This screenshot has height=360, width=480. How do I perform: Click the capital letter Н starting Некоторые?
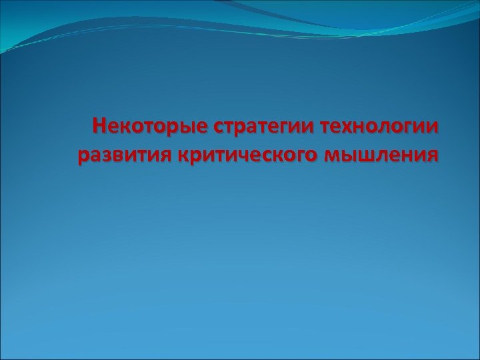pos(99,125)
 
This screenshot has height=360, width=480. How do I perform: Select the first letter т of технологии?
pos(326,126)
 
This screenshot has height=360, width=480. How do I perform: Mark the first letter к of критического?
pos(184,156)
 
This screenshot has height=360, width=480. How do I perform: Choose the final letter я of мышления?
pos(433,156)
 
